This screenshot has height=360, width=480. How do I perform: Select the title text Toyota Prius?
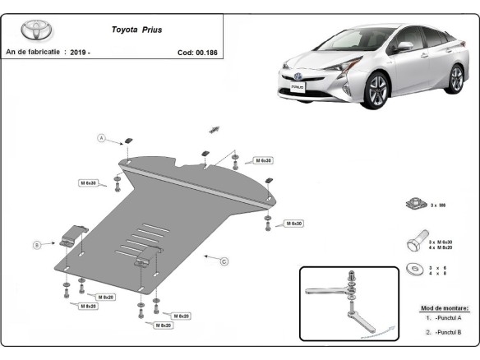(136, 29)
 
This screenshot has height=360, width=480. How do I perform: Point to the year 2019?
(80, 52)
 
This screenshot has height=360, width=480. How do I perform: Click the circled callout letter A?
(103, 137)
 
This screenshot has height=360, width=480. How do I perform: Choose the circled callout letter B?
(37, 244)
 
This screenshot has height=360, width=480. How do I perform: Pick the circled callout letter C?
(224, 261)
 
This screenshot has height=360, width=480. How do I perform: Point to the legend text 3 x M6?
(440, 205)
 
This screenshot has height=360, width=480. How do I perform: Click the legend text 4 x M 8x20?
(441, 247)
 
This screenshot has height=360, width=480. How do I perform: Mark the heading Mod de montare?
(443, 306)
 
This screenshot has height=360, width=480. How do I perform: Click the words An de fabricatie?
(34, 52)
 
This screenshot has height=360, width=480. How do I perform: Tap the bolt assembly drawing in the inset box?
(350, 300)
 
